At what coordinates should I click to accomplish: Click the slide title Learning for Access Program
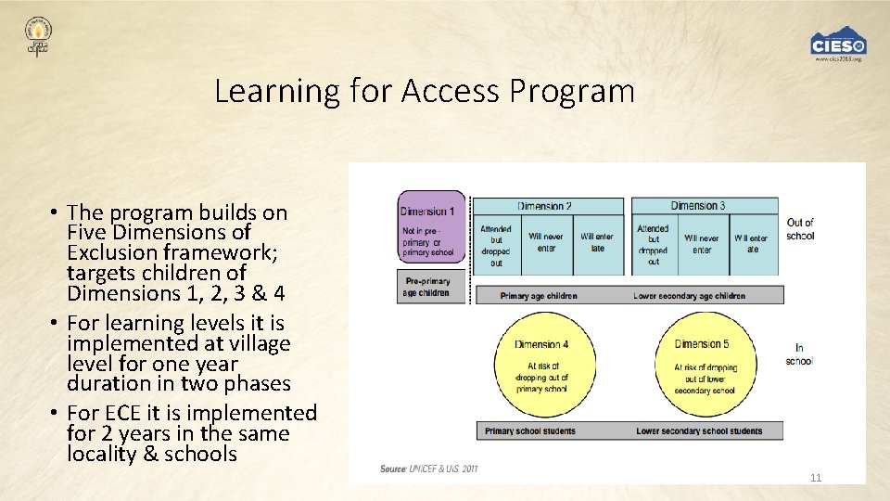tap(424, 92)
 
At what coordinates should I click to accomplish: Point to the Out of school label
tap(799, 229)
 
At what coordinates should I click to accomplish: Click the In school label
tap(798, 354)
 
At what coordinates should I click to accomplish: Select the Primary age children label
tap(539, 296)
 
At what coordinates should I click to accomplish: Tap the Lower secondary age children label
tap(689, 296)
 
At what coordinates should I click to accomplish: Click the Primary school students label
tap(530, 430)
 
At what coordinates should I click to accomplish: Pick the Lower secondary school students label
tap(699, 430)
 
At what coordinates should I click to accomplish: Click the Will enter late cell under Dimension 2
tap(597, 242)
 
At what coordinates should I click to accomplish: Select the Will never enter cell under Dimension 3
tap(701, 244)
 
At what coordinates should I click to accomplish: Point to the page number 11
tap(816, 478)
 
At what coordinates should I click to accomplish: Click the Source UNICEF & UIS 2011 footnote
tap(428, 469)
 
